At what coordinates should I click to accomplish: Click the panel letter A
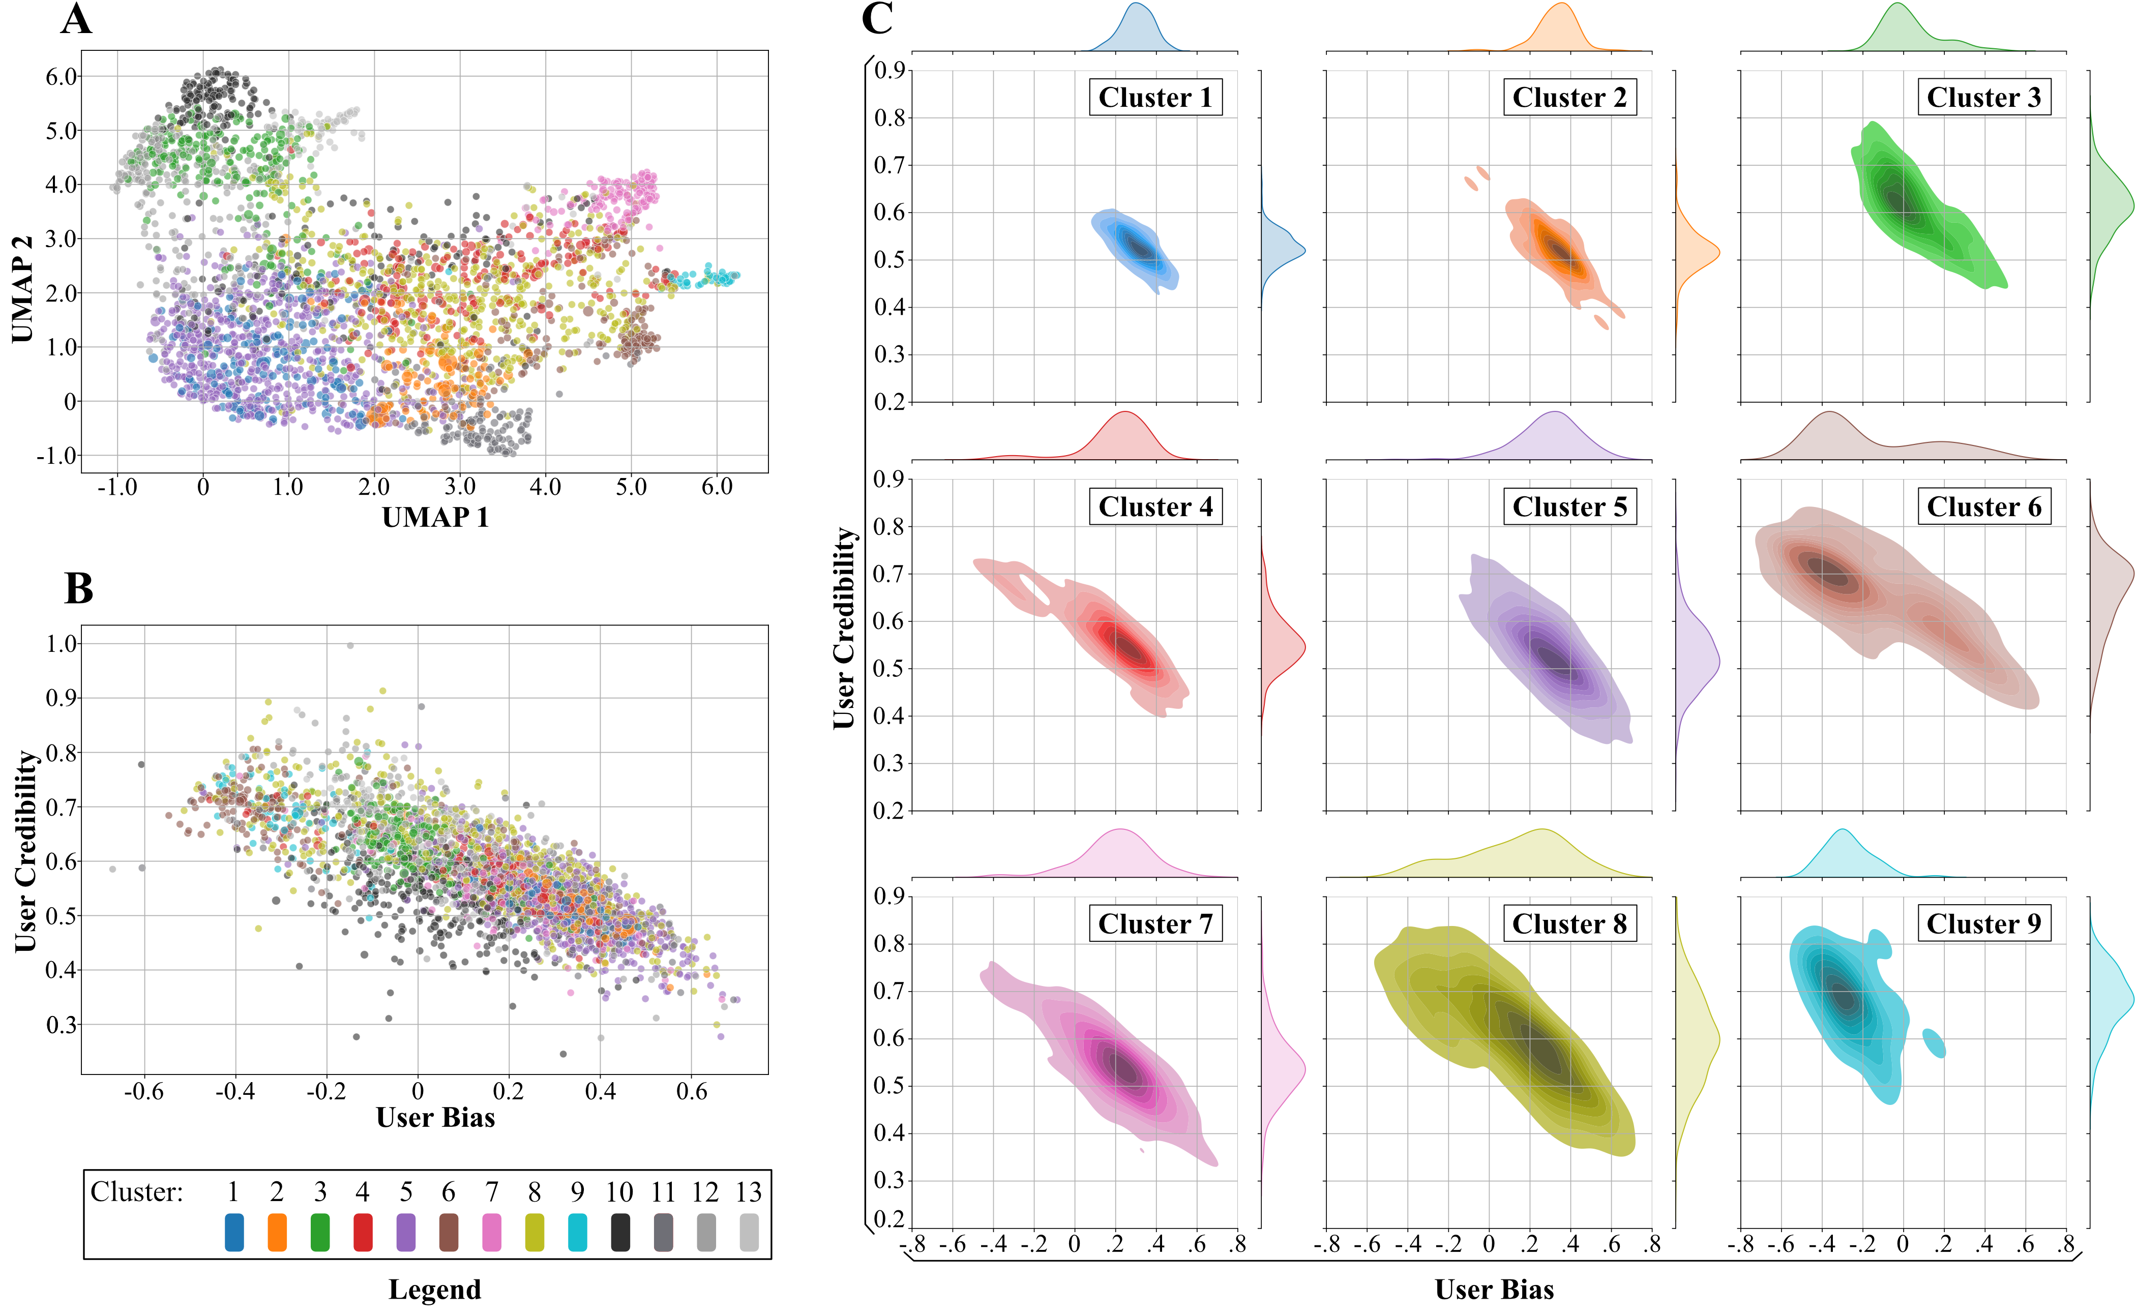76,19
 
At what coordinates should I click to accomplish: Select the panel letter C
877,19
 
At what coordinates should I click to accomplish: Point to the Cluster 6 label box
1983,507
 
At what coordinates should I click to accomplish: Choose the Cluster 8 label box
1569,923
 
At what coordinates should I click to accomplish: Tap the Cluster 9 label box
1983,923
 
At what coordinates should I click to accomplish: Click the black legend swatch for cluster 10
620,1233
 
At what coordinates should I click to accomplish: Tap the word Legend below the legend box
434,1289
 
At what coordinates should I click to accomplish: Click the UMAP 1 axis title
435,518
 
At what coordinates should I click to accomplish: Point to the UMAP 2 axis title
22,289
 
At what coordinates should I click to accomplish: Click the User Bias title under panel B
435,1118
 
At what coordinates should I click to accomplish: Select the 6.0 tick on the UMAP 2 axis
61,77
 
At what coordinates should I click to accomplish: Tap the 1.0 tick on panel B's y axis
61,644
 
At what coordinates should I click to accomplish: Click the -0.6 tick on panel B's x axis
143,1091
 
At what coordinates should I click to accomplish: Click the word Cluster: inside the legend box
137,1191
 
